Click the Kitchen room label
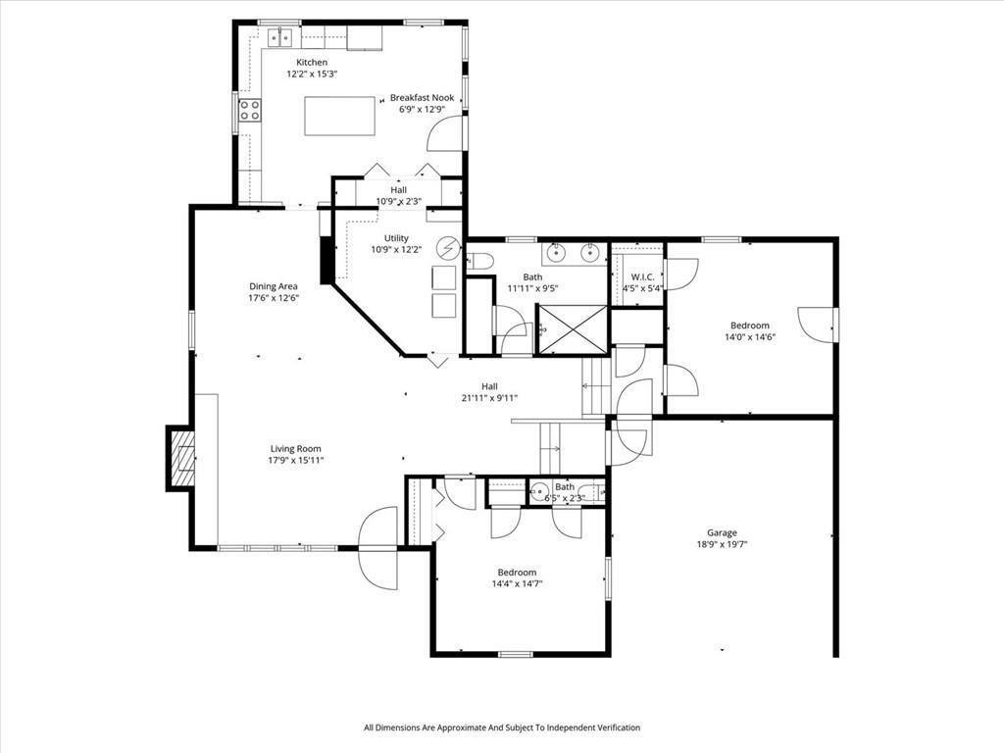pos(312,62)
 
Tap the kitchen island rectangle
pos(339,116)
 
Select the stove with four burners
pos(250,110)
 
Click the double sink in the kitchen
pos(279,38)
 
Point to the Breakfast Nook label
pos(422,98)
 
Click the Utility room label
pos(396,238)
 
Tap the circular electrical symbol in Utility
pos(448,247)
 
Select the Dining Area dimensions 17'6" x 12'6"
pos(274,298)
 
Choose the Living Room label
pos(296,449)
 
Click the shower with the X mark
pos(572,329)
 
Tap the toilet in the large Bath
pos(479,261)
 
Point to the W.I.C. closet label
pos(642,276)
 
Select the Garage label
pos(722,532)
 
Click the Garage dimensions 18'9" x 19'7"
pos(723,545)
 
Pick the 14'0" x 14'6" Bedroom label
pos(750,326)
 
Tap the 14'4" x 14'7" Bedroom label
pos(518,573)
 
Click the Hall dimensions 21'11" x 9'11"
pos(490,398)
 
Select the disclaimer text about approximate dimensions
pos(502,728)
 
